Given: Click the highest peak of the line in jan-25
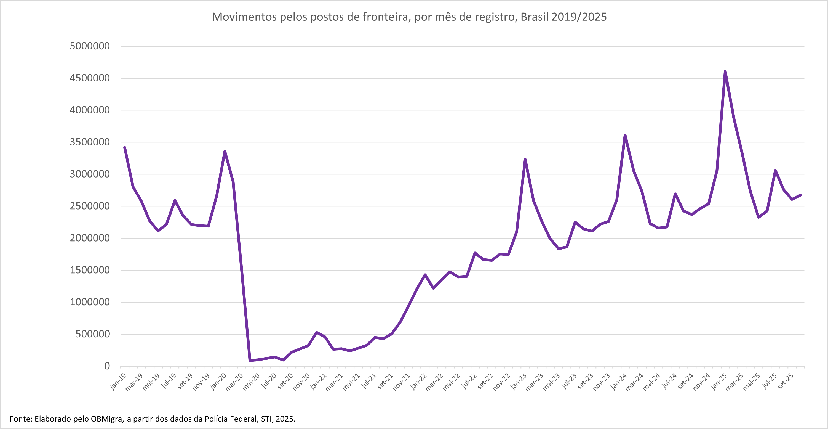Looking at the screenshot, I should (x=725, y=71).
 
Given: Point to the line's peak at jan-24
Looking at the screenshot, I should (x=625, y=135).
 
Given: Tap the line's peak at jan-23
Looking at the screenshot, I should (x=525, y=159).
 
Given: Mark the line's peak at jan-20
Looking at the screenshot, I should (x=225, y=151).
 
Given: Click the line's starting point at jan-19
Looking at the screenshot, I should (x=125, y=147).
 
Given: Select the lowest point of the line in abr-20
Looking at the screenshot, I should (x=250, y=361).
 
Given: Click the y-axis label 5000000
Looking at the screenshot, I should (x=90, y=46).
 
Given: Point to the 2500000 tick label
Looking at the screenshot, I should (x=90, y=206).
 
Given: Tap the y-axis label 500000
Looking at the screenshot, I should (x=93, y=334).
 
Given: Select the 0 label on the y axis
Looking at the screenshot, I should (x=107, y=366).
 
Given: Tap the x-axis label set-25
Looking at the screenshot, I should (x=785, y=382).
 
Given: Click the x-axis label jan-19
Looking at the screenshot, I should (x=118, y=382).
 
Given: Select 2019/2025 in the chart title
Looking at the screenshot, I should (x=579, y=17).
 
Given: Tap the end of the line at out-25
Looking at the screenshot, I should (x=800, y=195).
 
